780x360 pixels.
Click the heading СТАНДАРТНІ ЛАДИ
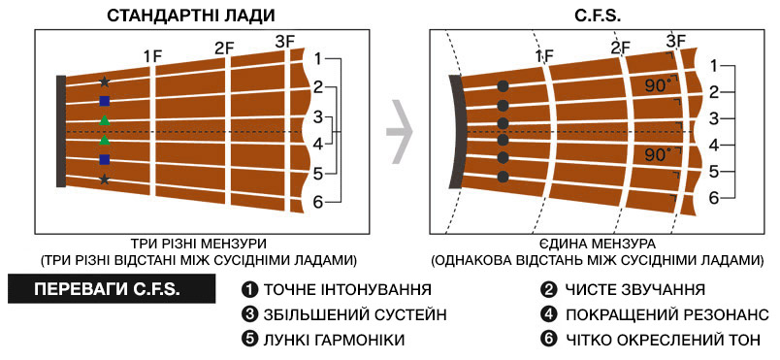[x=191, y=15]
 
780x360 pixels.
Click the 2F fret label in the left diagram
[x=225, y=49]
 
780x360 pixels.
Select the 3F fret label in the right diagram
[x=676, y=41]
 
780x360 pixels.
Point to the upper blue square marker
[x=105, y=102]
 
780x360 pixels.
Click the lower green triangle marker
[x=105, y=140]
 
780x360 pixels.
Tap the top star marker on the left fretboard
[x=105, y=82]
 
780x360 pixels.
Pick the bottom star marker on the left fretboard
[x=105, y=179]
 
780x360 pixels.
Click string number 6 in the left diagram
[x=318, y=203]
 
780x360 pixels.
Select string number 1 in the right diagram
[x=713, y=66]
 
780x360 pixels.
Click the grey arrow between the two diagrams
[x=400, y=132]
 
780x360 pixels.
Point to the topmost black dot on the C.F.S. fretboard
[x=503, y=86]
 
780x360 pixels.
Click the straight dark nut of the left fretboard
[x=61, y=131]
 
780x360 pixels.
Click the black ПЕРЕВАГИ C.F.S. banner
[x=112, y=289]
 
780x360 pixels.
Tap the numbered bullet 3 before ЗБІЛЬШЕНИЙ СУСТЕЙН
[x=247, y=314]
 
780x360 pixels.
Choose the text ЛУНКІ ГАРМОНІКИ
[x=334, y=341]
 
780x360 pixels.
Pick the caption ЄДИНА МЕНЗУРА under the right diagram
[x=597, y=245]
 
